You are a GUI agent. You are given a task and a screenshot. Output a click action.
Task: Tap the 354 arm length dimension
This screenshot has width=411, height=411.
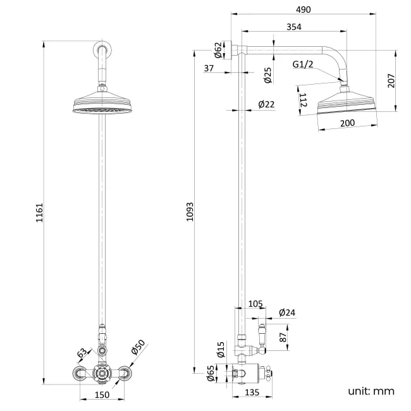[293, 27]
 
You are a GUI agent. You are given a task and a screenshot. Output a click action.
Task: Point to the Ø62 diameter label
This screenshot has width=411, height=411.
[218, 50]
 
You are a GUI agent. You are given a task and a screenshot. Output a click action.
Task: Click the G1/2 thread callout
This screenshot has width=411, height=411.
[302, 64]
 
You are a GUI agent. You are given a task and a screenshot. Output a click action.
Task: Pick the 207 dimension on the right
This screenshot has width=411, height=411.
[391, 81]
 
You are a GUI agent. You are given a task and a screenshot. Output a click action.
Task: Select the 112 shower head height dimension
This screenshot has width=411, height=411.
[303, 100]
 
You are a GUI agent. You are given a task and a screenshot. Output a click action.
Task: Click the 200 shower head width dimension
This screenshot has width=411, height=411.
[347, 123]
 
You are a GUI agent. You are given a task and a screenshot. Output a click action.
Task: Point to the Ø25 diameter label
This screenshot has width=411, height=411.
[268, 77]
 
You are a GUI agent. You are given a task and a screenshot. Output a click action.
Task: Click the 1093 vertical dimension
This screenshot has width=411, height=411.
[190, 212]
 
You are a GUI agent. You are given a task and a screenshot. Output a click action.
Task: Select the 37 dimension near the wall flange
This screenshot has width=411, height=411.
[209, 68]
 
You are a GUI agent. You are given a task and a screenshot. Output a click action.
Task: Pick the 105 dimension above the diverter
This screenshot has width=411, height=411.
[255, 304]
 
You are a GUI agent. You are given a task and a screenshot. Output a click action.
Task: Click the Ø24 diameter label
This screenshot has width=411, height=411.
[287, 312]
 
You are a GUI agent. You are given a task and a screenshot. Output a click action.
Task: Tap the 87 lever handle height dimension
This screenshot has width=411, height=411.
[283, 338]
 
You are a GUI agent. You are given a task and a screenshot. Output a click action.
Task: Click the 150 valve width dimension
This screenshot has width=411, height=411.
[102, 395]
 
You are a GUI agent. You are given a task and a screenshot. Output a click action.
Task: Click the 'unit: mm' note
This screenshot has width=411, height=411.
[371, 391]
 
